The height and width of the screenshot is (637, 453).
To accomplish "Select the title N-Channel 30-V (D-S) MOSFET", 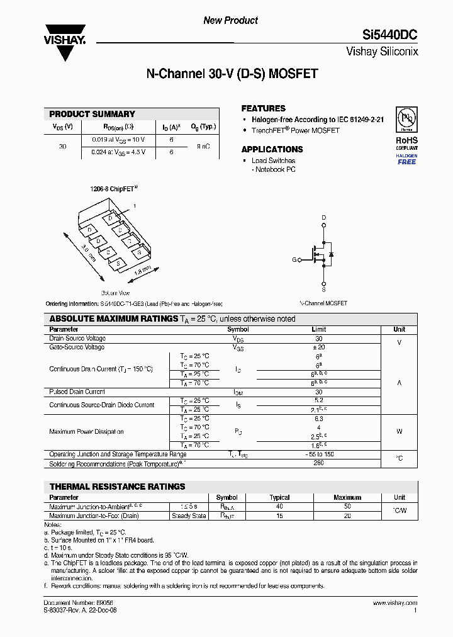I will [232, 74].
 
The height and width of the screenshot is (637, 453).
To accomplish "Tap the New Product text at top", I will [230, 20].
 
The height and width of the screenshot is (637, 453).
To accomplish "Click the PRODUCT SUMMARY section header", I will [92, 114].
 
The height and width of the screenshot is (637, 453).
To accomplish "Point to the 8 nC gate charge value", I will [203, 146].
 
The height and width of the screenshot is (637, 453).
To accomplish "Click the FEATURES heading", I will [263, 108].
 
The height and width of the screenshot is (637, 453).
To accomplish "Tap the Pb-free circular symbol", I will [406, 120].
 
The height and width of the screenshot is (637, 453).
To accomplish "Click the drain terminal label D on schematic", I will [324, 218].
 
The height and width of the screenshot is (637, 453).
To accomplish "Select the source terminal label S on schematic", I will [324, 290].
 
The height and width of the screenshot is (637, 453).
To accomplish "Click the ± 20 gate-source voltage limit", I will [318, 347].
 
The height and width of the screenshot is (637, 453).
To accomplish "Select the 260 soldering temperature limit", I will [318, 464].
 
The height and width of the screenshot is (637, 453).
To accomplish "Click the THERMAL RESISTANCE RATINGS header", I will [117, 487].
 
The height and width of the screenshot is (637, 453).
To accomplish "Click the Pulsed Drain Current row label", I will [77, 392].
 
